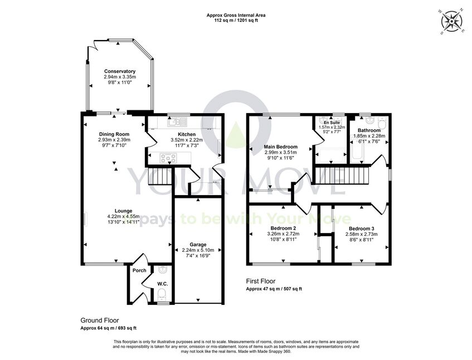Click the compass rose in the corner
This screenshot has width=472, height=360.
452,21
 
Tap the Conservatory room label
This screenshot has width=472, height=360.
120,71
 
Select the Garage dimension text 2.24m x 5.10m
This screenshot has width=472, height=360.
198,250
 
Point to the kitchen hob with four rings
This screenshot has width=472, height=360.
168,158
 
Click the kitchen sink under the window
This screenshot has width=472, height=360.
178,122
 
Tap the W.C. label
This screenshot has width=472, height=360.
163,284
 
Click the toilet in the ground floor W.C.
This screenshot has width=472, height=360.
162,294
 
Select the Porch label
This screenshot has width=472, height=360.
139,271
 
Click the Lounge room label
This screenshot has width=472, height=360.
123,211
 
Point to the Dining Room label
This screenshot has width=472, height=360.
114,134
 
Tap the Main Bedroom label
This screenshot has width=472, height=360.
280,147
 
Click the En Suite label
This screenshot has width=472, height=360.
332,123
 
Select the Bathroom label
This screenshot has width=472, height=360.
369,130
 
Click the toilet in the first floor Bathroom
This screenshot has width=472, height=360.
382,123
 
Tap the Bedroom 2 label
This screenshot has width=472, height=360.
283,228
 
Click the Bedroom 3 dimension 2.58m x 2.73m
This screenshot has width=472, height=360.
362,234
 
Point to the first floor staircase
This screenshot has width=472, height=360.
342,175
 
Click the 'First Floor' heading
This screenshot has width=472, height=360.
261,281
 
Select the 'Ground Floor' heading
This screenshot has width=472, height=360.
100,320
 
